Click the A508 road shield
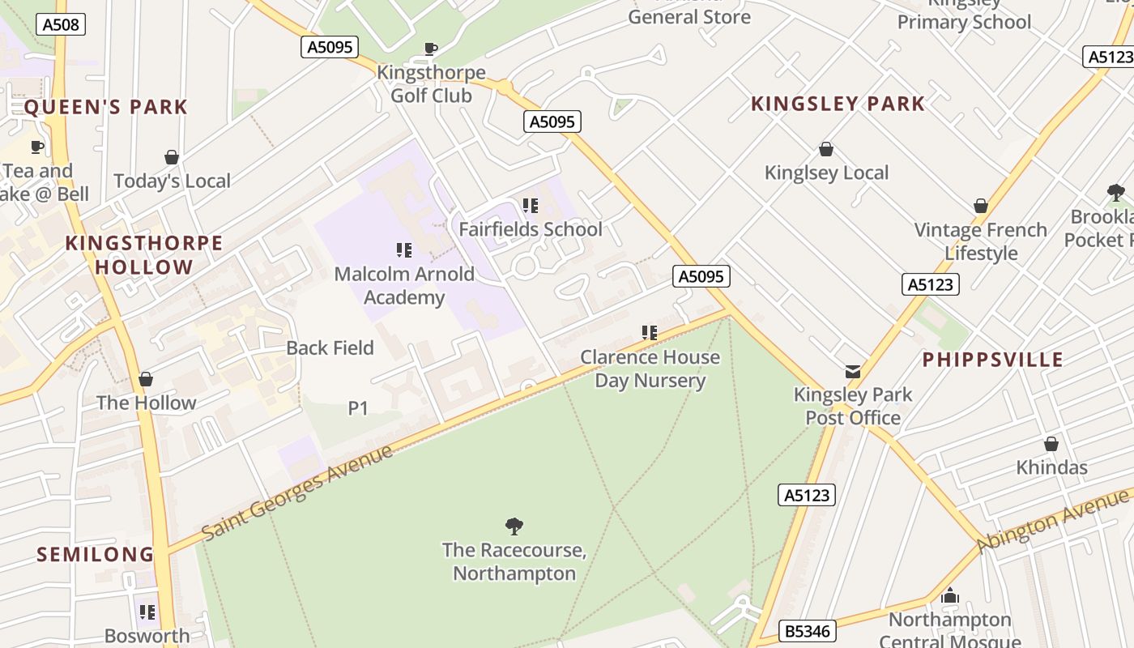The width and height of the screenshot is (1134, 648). click(61, 24)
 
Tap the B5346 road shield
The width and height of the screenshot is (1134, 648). click(807, 631)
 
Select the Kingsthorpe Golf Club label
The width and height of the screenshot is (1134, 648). click(431, 84)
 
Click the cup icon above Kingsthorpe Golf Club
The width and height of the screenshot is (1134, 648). click(431, 49)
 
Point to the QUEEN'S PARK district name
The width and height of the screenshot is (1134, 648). click(105, 107)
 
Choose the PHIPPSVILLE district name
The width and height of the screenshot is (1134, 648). click(992, 360)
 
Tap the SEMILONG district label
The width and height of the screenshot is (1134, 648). click(96, 555)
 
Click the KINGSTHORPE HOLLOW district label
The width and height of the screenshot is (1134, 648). click(144, 255)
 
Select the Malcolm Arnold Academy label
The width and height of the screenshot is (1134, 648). click(403, 286)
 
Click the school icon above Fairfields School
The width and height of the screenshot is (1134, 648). click(531, 206)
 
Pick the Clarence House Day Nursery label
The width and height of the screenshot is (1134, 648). click(650, 369)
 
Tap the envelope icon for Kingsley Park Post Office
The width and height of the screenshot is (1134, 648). click(853, 372)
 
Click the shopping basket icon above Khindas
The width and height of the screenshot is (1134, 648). click(1051, 444)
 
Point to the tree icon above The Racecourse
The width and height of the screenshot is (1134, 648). click(514, 526)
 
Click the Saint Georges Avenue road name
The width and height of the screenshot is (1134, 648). click(297, 492)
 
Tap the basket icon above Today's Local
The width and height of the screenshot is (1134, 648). click(172, 157)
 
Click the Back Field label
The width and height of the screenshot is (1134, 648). click(330, 348)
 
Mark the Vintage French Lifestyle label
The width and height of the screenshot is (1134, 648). click(980, 241)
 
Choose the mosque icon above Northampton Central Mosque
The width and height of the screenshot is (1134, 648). click(950, 596)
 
